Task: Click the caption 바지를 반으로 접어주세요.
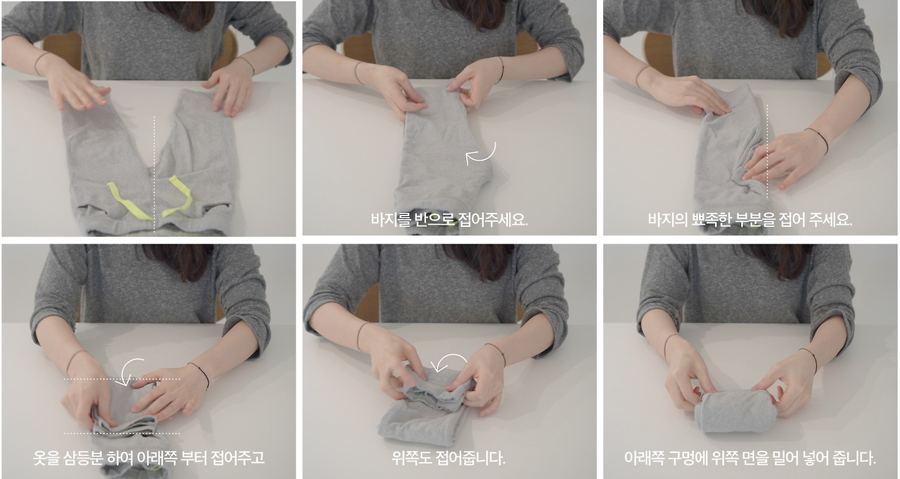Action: pyautogui.click(x=449, y=219)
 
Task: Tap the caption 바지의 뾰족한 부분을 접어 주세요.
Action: pyautogui.click(x=750, y=219)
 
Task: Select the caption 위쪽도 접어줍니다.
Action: pyautogui.click(x=449, y=459)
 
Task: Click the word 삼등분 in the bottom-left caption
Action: pyautogui.click(x=84, y=459)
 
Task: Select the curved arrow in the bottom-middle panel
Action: pyautogui.click(x=449, y=362)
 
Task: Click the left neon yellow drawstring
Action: pyautogui.click(x=129, y=201)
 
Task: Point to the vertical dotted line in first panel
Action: pyautogui.click(x=154, y=155)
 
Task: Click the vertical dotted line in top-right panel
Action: pyautogui.click(x=767, y=147)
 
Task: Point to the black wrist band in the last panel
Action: pyautogui.click(x=809, y=360)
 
